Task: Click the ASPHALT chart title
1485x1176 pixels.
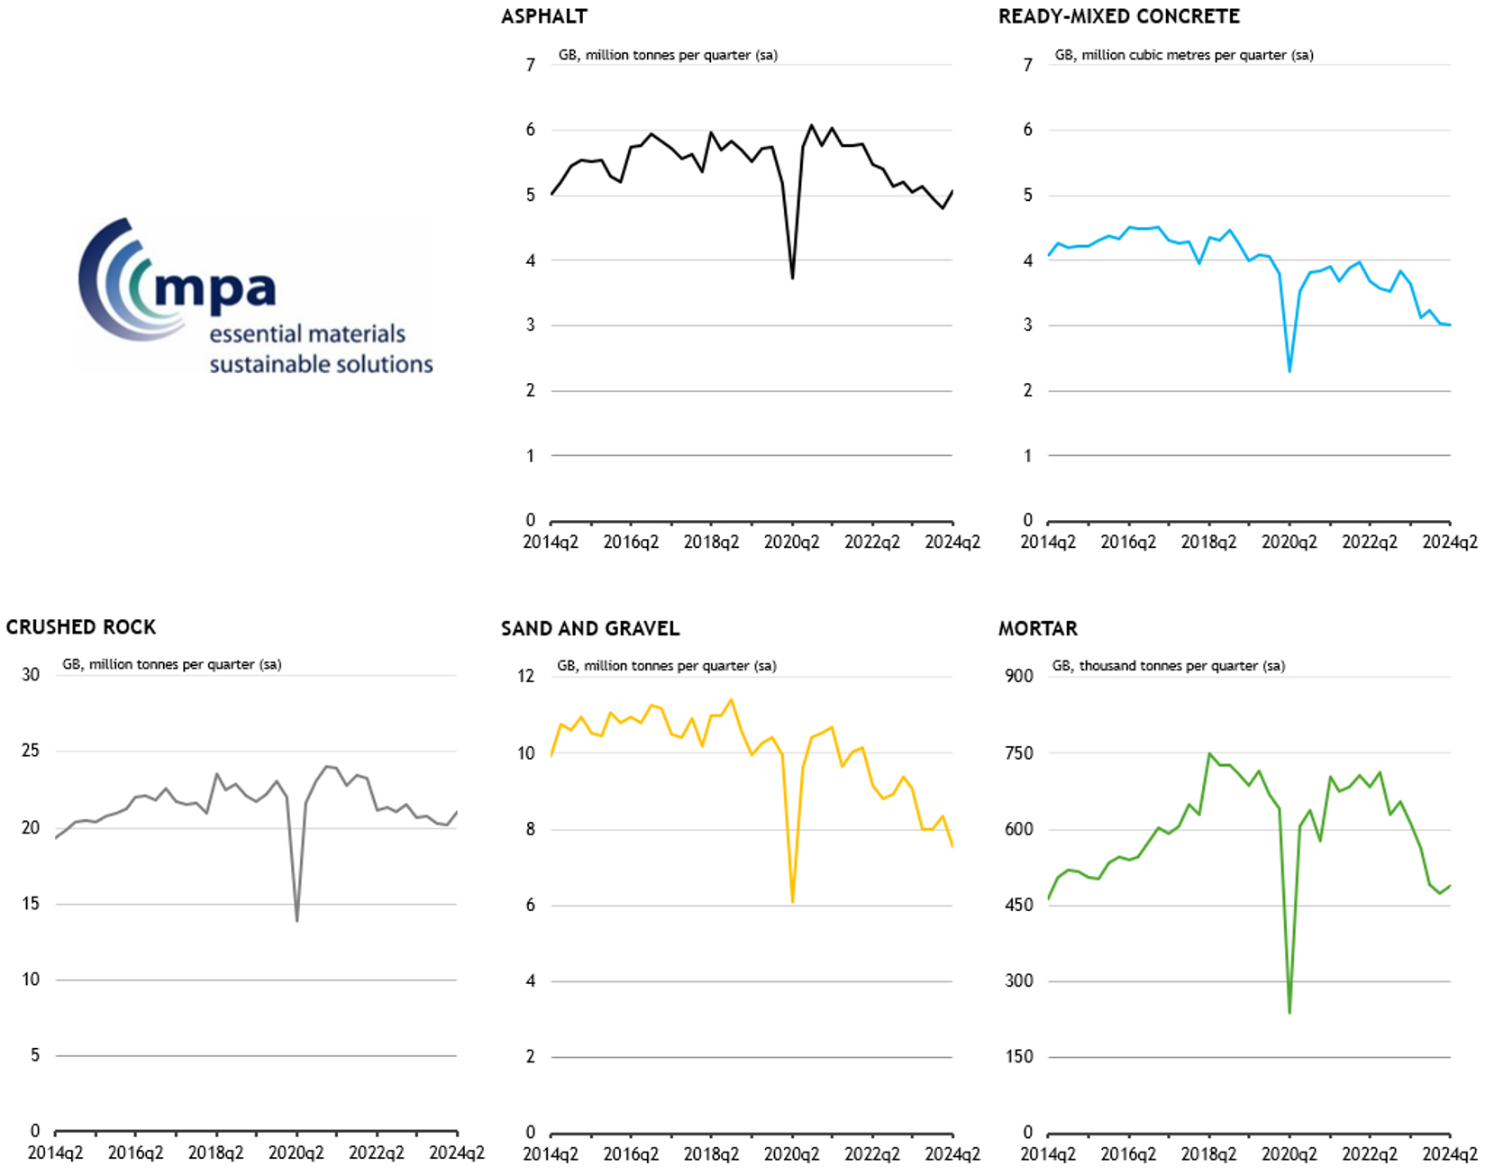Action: click(544, 17)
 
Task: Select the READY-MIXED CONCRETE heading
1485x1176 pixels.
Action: click(1118, 17)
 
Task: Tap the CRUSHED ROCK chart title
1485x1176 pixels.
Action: click(81, 627)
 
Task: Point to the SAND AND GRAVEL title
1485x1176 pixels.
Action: click(590, 629)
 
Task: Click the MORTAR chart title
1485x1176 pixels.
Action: click(1037, 629)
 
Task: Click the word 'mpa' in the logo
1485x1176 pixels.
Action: click(214, 288)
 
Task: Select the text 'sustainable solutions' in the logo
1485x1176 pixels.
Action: click(321, 365)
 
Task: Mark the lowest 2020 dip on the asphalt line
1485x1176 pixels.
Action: click(792, 278)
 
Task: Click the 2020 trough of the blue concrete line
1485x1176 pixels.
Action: click(1289, 370)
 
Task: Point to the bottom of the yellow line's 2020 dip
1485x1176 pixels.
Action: click(792, 901)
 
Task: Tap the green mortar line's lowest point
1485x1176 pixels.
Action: click(1289, 1012)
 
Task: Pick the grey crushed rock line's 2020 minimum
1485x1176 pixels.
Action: click(296, 920)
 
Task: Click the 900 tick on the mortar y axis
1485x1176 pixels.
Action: click(1019, 676)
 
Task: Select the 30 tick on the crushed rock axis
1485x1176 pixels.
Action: click(31, 675)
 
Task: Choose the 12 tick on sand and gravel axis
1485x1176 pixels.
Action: click(525, 676)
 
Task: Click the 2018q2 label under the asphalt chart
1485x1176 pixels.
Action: click(711, 542)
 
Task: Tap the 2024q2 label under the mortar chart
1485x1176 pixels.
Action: click(1450, 1154)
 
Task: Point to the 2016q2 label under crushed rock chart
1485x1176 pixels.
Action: click(136, 1153)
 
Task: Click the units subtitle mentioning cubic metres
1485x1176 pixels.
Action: click(1184, 55)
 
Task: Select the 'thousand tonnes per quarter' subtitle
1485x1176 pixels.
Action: click(1169, 666)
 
